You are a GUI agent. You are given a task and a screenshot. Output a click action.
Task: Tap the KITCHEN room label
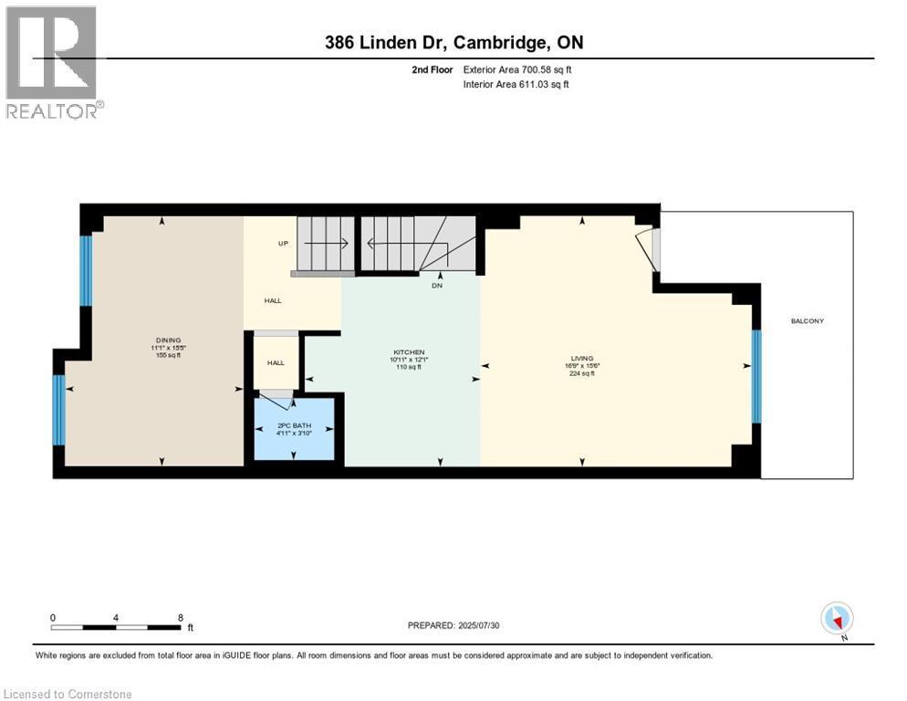[x=409, y=352]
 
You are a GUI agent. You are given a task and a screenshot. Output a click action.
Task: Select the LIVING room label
[x=582, y=358]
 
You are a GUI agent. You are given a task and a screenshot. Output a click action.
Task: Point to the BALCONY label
[x=808, y=320]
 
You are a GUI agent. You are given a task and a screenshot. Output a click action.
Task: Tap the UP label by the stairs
[x=284, y=244]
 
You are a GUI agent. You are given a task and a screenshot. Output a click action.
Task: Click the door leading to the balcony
[x=649, y=249]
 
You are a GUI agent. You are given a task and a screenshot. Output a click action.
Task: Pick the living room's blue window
[x=756, y=376]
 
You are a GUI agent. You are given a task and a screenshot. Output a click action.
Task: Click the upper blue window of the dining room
[x=86, y=270]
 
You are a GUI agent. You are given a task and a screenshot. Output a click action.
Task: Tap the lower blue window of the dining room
[x=58, y=410]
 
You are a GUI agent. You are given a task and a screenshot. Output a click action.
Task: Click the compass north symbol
[x=837, y=619]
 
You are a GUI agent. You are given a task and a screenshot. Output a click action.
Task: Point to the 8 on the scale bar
[x=181, y=617]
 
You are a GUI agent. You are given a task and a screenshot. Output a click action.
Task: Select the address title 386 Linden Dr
[x=453, y=42]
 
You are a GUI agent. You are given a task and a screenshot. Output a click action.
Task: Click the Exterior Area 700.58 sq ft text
[x=517, y=69]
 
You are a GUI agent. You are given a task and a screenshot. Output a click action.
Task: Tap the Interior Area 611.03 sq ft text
[x=517, y=85]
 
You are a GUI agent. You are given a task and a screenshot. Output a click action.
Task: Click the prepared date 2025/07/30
[x=453, y=625]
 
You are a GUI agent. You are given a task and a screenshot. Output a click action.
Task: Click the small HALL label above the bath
[x=276, y=362]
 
